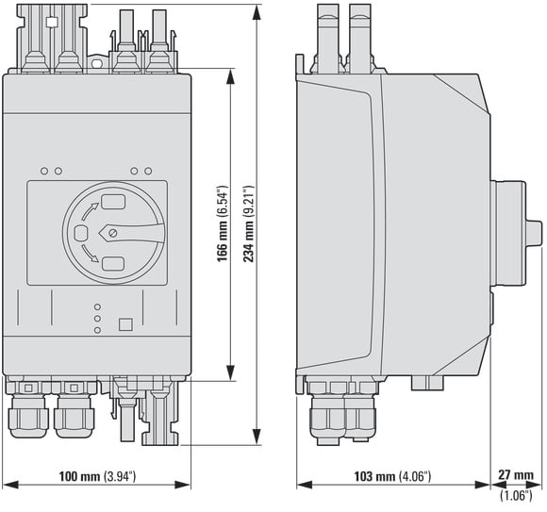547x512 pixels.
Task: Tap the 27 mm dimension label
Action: click(516, 474)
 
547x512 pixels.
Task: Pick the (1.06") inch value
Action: click(516, 495)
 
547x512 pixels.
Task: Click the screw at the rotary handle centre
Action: click(112, 233)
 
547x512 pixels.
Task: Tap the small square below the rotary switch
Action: click(125, 324)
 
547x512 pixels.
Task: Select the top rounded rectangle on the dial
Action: click(113, 202)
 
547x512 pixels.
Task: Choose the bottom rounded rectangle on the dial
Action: click(113, 264)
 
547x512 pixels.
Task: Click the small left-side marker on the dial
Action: click(81, 233)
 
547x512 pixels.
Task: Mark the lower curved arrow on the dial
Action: click(90, 254)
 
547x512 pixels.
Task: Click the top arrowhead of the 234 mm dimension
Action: click(257, 13)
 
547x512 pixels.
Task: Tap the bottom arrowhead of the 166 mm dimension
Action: click(231, 372)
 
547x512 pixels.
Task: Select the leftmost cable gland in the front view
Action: click(27, 416)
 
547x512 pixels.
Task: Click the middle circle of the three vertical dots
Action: click(98, 319)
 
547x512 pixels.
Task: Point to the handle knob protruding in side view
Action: click(534, 233)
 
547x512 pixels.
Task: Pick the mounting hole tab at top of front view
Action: click(97, 63)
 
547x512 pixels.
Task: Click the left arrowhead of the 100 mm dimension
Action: click(10, 486)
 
